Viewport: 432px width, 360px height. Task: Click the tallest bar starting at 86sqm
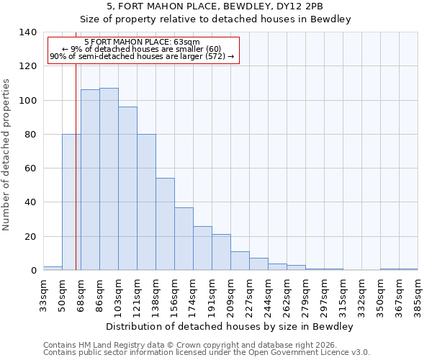click(109, 179)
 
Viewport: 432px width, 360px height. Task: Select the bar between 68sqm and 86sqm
click(90, 180)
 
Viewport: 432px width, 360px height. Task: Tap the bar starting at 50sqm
click(71, 202)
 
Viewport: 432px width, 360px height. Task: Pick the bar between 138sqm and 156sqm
click(165, 224)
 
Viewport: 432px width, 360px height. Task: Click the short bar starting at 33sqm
click(53, 268)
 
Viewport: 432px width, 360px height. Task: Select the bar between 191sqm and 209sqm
click(221, 252)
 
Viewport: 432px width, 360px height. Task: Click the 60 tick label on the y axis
click(30, 168)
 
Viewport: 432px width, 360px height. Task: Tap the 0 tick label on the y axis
click(33, 271)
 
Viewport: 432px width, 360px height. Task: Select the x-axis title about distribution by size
click(230, 327)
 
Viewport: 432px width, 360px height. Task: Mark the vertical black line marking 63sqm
click(76, 166)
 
